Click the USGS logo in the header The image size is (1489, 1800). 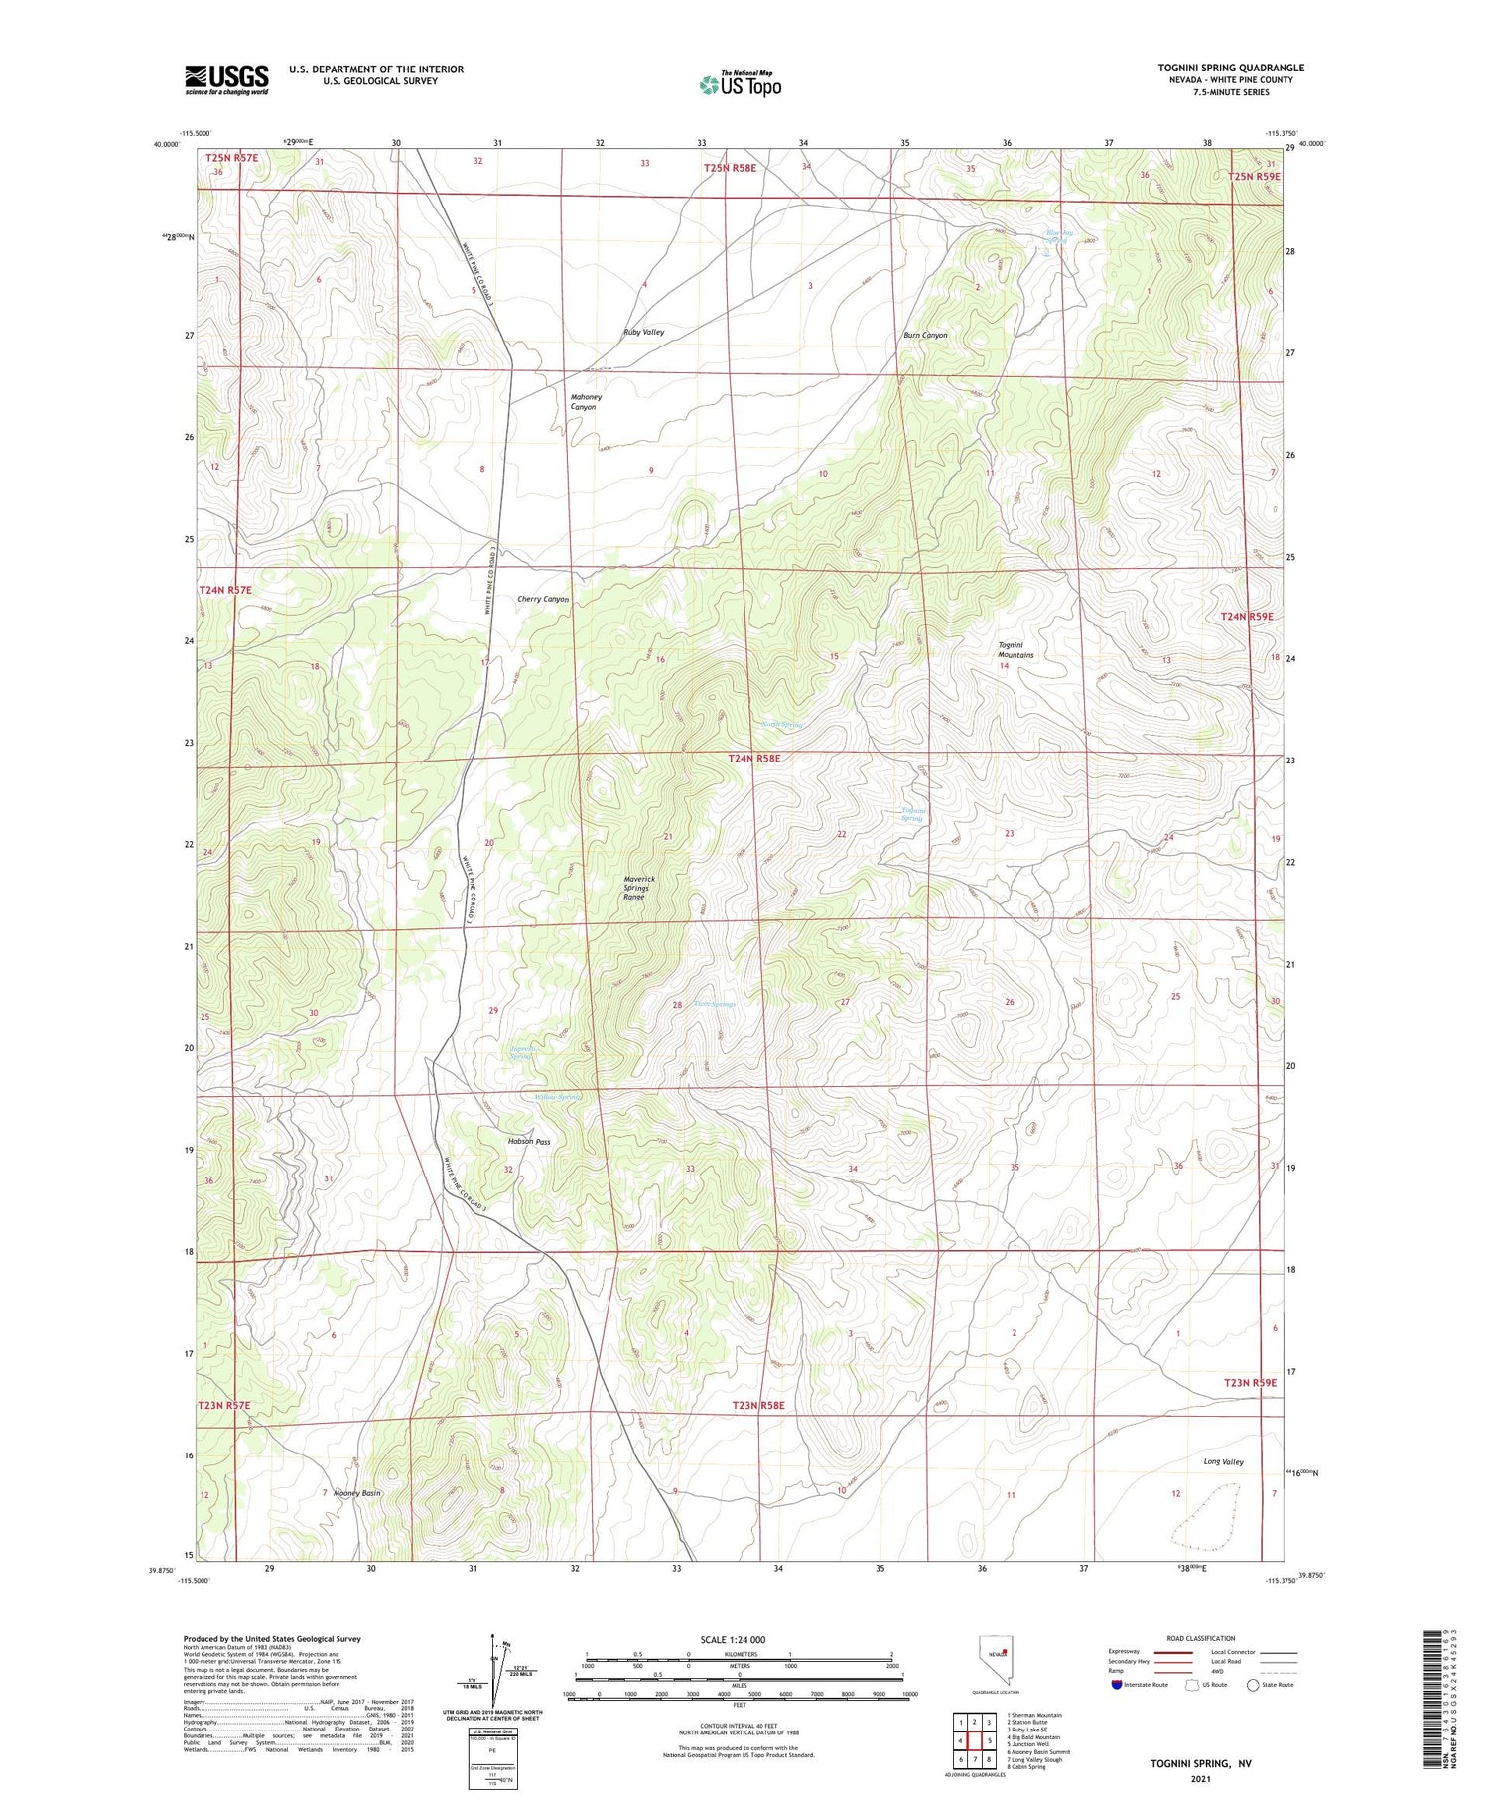(226, 79)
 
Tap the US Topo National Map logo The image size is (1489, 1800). (741, 84)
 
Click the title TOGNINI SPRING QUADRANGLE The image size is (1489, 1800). (1230, 68)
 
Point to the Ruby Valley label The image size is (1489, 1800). (643, 332)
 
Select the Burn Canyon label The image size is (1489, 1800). (924, 335)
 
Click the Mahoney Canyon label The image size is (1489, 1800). (585, 402)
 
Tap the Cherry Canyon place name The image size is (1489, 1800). (543, 599)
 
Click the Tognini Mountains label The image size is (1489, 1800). (1015, 650)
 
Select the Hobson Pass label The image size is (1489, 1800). (528, 1141)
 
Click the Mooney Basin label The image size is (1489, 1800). (357, 1493)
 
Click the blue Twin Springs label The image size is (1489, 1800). (715, 1005)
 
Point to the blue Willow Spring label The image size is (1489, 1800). (557, 1097)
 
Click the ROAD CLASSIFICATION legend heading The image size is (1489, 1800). (1200, 1638)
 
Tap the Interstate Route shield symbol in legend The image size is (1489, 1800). (1116, 1684)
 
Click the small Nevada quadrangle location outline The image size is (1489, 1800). (996, 1659)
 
